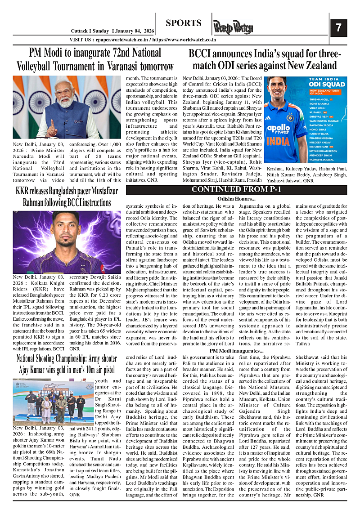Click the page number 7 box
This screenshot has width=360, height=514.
(x=338, y=28)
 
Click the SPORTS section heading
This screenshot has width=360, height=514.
(x=183, y=23)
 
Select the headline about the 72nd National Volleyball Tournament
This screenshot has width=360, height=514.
(x=95, y=59)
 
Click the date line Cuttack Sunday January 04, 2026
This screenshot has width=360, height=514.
(x=113, y=31)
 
